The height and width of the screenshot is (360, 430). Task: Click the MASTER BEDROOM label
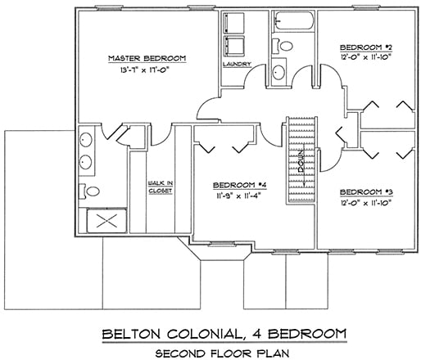point(147,58)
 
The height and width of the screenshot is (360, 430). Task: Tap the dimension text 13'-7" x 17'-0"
point(147,70)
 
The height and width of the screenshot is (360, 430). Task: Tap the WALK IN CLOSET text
point(160,187)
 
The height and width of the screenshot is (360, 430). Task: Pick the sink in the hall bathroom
point(279,72)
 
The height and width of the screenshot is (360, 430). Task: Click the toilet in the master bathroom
point(93,191)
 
